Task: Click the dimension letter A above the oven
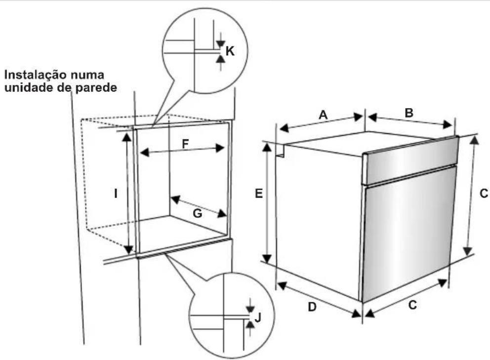coord(323,115)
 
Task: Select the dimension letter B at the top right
coord(409,113)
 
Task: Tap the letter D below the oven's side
coord(312,307)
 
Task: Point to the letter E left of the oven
coord(259,194)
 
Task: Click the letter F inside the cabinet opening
coord(185,144)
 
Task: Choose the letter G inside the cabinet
coord(197,213)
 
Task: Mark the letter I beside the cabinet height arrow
coord(116,194)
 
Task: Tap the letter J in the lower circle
coord(258,318)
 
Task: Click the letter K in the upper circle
coord(230,51)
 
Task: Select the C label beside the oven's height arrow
coord(484,194)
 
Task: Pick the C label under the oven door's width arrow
coord(412,305)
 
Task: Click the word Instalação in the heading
coord(35,75)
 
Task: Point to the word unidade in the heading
coord(26,87)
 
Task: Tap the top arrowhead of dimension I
coord(126,137)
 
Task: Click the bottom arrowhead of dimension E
coord(267,258)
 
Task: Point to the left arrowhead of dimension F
coord(144,153)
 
